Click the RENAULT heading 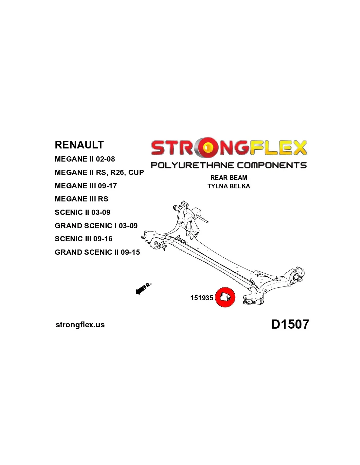[79, 145]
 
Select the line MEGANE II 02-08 [85, 159]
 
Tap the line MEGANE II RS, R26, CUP [99, 172]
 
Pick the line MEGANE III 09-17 [86, 186]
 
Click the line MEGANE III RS [81, 199]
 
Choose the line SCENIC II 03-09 [82, 212]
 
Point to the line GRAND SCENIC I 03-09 [96, 226]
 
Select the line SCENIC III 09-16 [83, 239]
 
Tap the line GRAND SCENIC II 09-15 [97, 252]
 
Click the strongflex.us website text [80, 325]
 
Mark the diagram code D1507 [290, 324]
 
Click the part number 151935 [202, 298]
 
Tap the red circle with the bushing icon [225, 297]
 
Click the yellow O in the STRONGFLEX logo [207, 148]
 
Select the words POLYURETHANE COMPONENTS [229, 165]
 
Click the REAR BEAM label [229, 178]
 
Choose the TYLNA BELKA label [229, 186]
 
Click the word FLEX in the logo [278, 148]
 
